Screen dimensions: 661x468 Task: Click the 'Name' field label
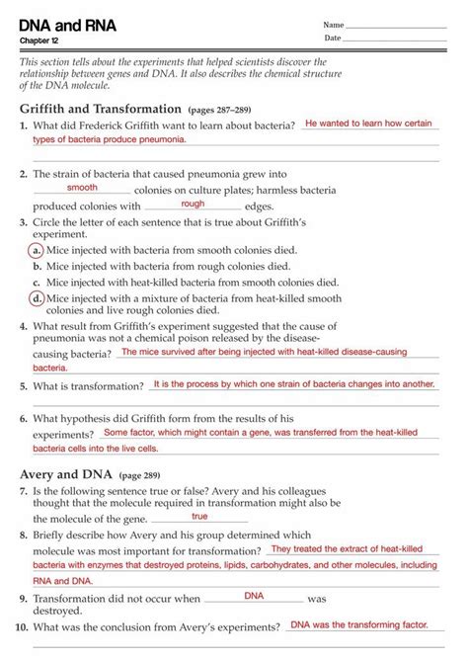334,24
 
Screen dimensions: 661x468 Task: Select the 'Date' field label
333,38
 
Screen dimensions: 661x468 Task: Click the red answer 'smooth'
82,187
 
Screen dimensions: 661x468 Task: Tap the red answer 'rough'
193,203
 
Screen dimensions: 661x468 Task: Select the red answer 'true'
199,516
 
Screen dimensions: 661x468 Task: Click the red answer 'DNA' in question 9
254,596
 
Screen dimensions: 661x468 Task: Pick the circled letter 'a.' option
37,251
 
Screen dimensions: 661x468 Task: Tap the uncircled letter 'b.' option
37,266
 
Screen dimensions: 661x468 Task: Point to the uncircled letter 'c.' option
37,282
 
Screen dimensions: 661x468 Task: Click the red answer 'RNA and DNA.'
64,581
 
